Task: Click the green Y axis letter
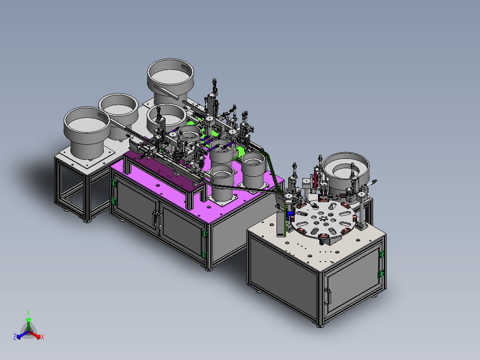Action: pos(28,313)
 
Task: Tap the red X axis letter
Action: pos(42,337)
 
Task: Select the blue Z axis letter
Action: pos(15,337)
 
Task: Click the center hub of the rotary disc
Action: pos(323,218)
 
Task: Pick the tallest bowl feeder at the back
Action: pos(170,81)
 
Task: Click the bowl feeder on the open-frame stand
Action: pos(87,132)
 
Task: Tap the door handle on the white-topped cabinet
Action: pos(328,296)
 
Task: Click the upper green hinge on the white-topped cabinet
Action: pos(382,254)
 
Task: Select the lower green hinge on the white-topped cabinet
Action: pos(381,273)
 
